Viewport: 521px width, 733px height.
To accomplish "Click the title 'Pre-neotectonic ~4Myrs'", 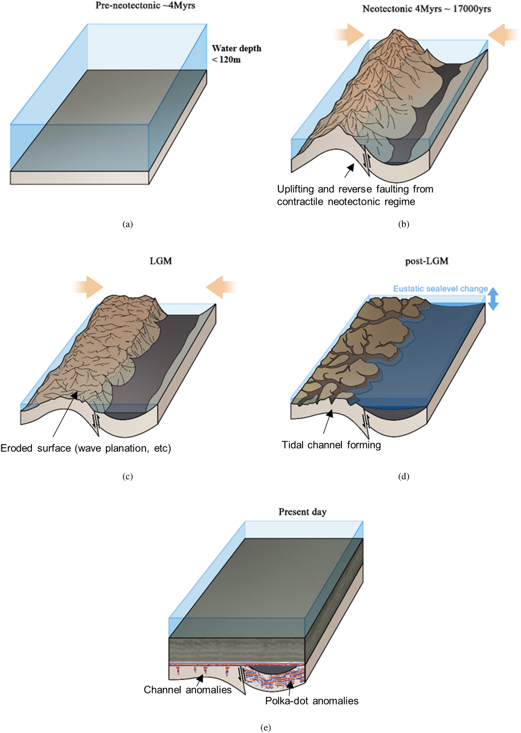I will (x=145, y=5).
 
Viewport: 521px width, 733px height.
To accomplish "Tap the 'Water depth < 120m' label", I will (x=236, y=54).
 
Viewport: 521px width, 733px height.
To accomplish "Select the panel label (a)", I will (x=127, y=224).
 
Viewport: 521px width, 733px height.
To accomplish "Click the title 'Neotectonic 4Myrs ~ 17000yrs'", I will (x=426, y=9).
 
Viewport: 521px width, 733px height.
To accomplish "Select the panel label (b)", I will (x=403, y=224).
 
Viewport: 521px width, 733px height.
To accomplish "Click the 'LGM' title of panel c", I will (x=161, y=261).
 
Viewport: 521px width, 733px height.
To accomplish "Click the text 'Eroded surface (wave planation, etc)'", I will (x=86, y=448).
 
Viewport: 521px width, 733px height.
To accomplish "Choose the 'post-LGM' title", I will (x=426, y=261).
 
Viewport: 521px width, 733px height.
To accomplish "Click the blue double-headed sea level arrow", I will (x=493, y=299).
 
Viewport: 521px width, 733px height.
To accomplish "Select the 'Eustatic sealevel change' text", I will (x=440, y=289).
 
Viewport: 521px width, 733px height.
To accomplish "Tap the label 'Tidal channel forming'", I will (x=331, y=445).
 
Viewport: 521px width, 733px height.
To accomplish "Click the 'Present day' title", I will (x=302, y=512).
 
